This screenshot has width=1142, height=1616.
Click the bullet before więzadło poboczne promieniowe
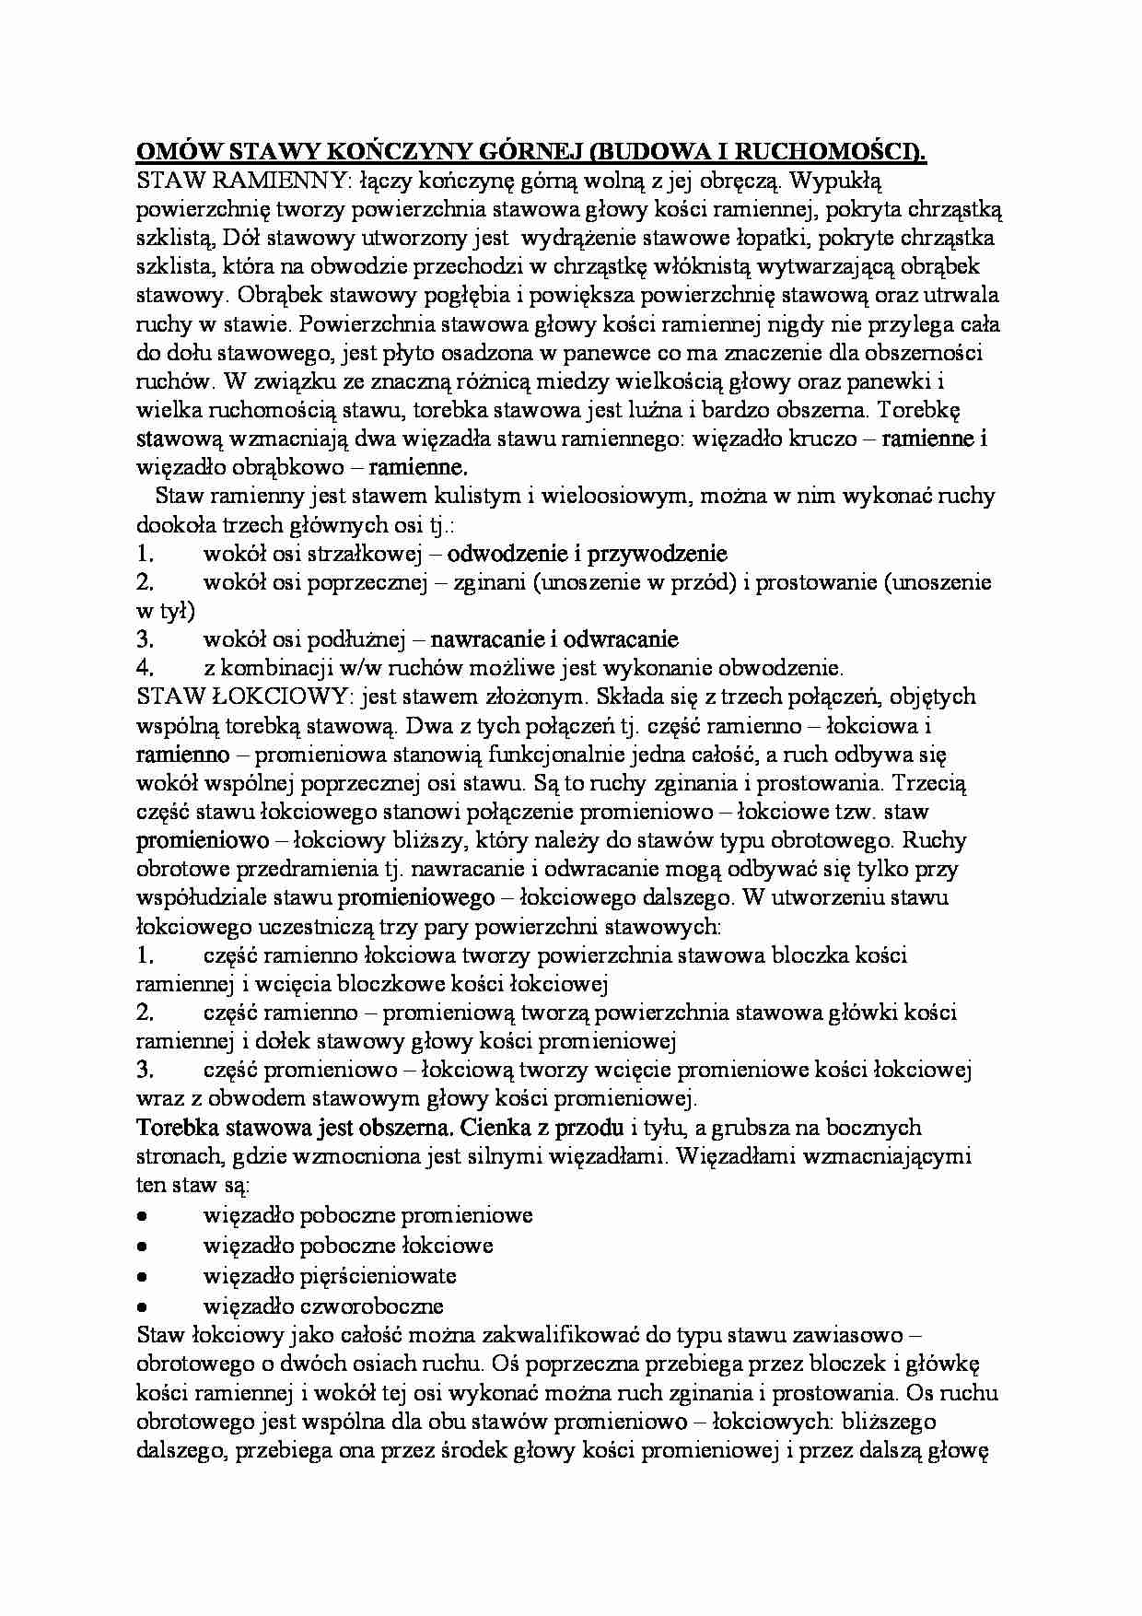(143, 1216)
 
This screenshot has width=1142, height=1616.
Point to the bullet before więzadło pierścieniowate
(143, 1277)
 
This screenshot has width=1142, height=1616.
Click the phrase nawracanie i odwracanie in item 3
(554, 638)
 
